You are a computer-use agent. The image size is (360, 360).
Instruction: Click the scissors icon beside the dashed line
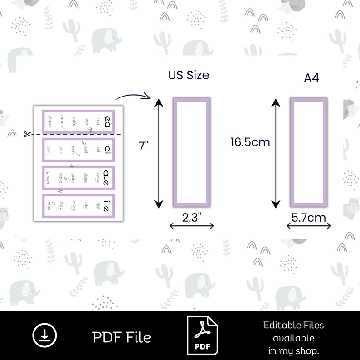[27, 134]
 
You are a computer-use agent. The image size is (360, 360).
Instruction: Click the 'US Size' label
[189, 75]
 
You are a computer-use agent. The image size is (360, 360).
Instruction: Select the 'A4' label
[311, 78]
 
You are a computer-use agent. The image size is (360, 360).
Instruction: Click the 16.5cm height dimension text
[250, 142]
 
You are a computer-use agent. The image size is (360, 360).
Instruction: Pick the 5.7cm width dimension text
[308, 218]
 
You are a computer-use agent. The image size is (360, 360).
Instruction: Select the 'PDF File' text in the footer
[122, 337]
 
